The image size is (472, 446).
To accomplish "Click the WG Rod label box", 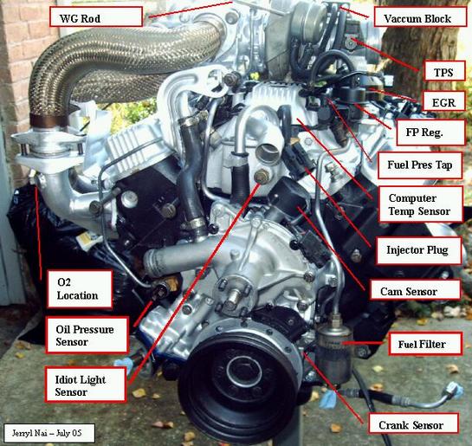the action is point(96,16).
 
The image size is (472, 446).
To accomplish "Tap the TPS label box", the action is point(444,71).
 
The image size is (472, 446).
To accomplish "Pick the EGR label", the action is point(443,101).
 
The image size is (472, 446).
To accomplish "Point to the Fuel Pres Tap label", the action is point(420,165).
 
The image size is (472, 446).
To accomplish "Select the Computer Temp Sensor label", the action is point(420,204).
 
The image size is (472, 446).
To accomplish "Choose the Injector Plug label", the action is point(418,250).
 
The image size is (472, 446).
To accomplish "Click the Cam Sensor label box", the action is point(415,290).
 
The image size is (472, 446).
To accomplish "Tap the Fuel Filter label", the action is point(424,344).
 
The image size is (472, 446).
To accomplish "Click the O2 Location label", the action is point(80,289).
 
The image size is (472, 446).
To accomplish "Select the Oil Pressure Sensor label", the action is point(87,334).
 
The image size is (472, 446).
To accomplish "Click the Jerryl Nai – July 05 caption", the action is point(49,433).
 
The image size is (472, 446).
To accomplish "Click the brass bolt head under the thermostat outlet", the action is point(262,177).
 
